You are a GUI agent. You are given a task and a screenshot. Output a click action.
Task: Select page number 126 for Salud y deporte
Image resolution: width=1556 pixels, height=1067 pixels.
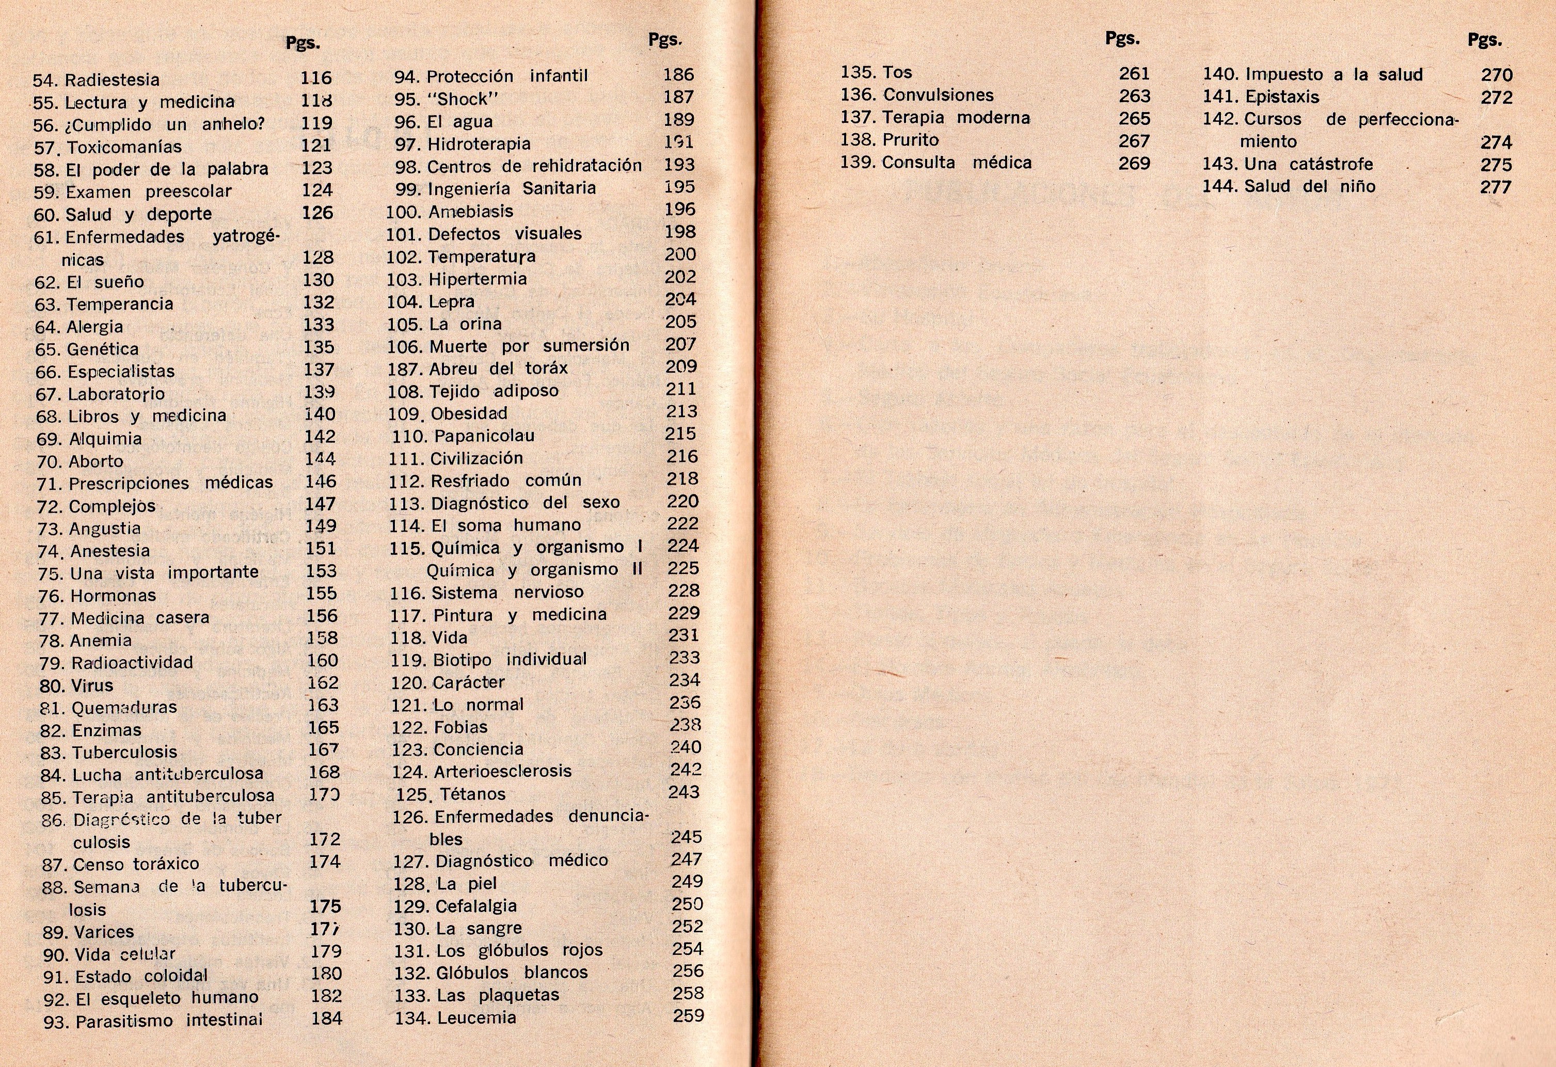coord(317,213)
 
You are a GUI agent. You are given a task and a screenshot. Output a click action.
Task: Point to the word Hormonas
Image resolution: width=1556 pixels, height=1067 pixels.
coord(113,596)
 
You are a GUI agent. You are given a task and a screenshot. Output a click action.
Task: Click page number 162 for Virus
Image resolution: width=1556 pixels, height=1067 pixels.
coord(323,683)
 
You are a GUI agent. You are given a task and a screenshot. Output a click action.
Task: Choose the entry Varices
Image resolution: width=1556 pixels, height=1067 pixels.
coord(104,932)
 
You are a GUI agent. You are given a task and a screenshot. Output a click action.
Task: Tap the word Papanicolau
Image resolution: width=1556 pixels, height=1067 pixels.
coord(484,436)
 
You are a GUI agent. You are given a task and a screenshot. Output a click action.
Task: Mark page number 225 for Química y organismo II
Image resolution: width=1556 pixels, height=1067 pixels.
coord(683,568)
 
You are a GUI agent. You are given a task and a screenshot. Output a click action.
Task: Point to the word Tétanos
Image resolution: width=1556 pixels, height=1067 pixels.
coord(473,794)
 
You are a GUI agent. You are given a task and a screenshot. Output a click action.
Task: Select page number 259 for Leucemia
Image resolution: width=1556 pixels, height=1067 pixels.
coord(688,1016)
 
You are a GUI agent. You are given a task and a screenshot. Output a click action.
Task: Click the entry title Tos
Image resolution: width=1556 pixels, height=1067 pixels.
coord(897,72)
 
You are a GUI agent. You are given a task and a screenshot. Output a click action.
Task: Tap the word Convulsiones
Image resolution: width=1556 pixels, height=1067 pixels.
coord(938,95)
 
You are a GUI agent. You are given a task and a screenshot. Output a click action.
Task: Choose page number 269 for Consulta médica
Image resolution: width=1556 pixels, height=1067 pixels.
coord(1134,163)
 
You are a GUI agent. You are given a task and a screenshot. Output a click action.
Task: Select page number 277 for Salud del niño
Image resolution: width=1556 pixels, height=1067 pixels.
coord(1496,187)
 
